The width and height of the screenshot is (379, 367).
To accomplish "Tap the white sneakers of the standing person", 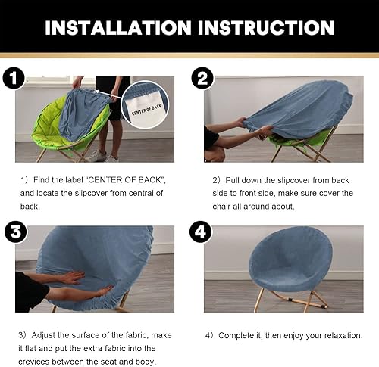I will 97,156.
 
